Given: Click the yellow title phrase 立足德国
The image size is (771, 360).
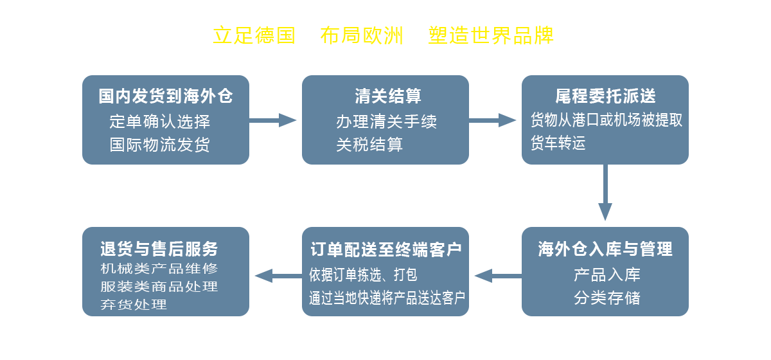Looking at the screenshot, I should point(253,35).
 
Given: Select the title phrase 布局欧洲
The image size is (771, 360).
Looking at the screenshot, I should point(361,35).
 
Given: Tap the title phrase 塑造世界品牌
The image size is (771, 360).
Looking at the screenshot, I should point(490,35).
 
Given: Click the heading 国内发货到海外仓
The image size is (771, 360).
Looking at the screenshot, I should point(166,96).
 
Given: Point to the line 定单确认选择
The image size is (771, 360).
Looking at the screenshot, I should point(160,122).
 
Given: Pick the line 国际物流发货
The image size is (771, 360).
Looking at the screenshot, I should point(160,145).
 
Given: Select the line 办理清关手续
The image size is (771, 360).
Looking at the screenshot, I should point(386,122).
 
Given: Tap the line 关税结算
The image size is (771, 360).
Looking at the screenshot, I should point(369,145).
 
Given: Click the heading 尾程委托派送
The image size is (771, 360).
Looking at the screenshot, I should point(605,96).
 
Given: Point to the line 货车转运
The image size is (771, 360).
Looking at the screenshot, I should point(558,143).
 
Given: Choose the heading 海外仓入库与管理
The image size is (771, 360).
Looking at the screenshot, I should point(605,249).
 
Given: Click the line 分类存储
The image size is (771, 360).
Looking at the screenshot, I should point(607,298).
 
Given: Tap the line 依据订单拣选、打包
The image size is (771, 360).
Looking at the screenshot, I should point(363,275).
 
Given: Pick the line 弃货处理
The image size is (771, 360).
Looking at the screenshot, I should point(134,305).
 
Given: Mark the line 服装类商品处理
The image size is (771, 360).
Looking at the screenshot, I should point(159,287).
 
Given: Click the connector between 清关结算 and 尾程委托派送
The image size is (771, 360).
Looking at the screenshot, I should point(495,120).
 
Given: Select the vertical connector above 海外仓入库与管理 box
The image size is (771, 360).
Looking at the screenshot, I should point(605,193).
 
